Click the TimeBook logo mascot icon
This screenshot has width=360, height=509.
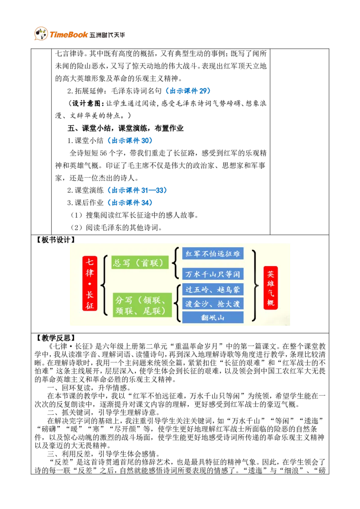tap(41, 34)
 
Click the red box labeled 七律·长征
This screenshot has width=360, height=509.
tap(90, 283)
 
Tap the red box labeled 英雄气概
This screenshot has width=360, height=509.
tap(270, 288)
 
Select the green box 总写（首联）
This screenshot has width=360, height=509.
tap(140, 262)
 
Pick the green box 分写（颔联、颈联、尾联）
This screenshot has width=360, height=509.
tap(140, 305)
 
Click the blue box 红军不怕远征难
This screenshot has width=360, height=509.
tap(213, 254)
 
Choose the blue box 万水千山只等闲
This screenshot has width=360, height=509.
tap(213, 274)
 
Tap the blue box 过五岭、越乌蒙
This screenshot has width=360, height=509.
tap(213, 290)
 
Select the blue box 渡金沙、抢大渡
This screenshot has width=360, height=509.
tap(213, 304)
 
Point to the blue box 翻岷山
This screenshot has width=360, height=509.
tap(213, 317)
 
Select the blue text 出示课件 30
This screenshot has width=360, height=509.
tap(130, 141)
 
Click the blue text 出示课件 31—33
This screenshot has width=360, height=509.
tap(137, 190)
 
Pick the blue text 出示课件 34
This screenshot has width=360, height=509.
tap(130, 202)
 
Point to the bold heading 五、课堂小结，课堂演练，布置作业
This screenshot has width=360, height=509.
tap(126, 128)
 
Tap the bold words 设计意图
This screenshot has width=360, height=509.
tap(86, 103)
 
